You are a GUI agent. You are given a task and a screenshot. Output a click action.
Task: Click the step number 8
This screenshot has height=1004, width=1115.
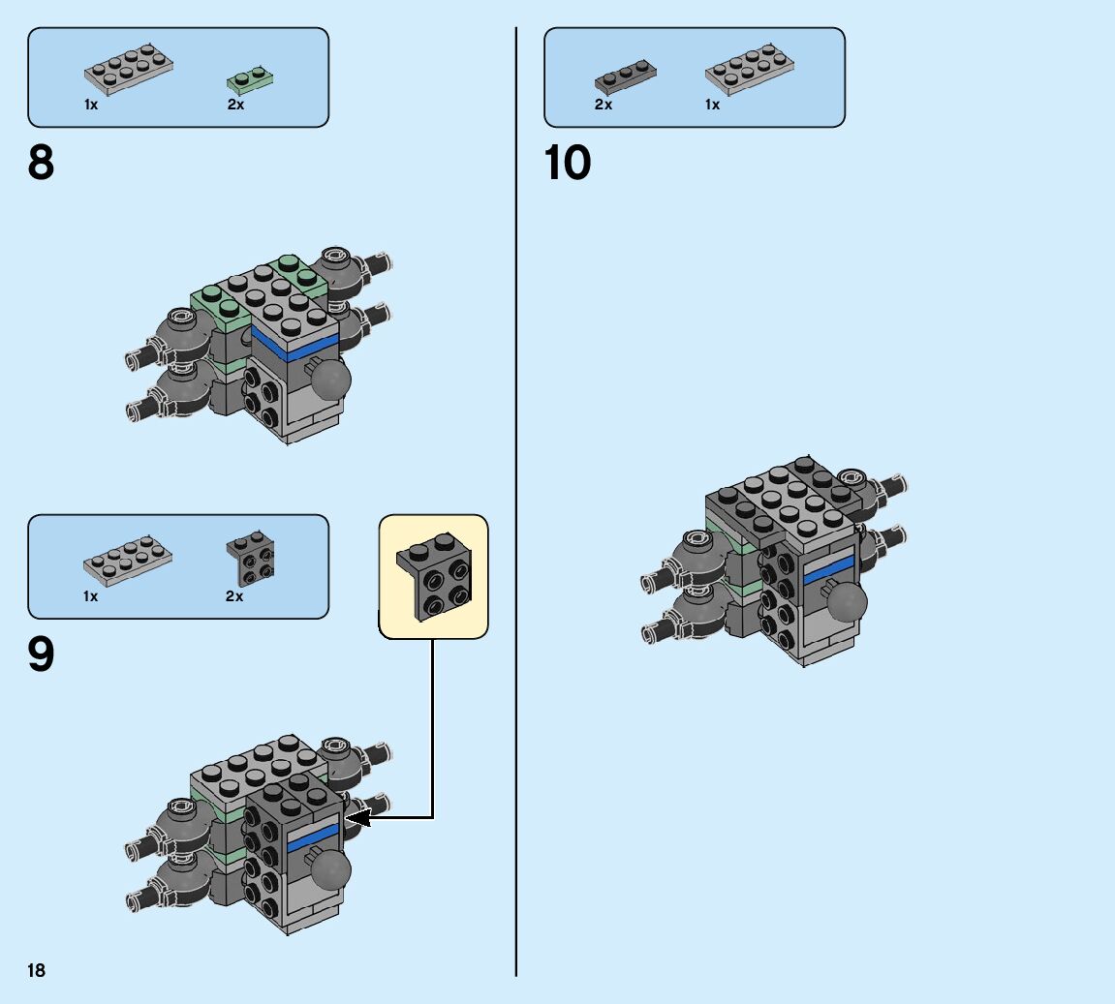coord(42,163)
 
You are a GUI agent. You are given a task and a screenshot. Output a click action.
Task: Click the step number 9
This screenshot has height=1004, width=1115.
coord(42,655)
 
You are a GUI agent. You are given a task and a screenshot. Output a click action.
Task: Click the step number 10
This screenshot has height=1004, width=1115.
coord(568,163)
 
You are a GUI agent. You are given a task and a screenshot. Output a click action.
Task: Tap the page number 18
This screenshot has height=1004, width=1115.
coord(37,970)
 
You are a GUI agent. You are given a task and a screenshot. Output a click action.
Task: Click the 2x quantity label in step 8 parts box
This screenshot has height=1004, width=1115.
coord(235,105)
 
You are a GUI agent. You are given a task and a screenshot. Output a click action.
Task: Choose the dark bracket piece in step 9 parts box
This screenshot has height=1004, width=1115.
coord(250,559)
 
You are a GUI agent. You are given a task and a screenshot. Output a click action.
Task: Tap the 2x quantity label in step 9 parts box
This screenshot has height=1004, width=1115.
coord(233,596)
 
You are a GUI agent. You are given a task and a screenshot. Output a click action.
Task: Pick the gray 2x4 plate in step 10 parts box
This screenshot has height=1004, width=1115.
coord(752,69)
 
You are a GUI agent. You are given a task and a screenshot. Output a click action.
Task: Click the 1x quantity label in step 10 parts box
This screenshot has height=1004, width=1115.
coord(712,105)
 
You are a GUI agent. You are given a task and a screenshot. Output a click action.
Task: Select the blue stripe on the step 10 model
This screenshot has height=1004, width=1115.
coord(829,570)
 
